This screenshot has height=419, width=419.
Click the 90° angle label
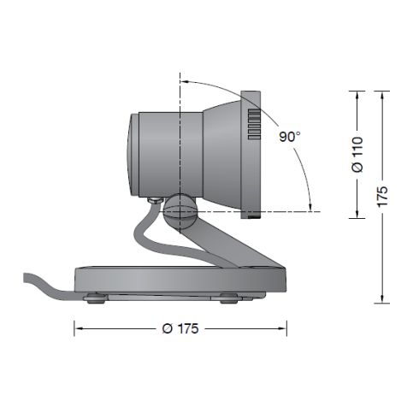click(x=290, y=136)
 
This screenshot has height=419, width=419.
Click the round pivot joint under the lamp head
click(x=180, y=209)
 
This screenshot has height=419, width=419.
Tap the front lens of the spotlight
click(x=130, y=152)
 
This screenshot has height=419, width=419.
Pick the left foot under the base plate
click(x=95, y=298)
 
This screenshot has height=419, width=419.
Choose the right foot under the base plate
click(x=228, y=298)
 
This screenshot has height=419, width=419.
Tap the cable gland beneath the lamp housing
click(x=152, y=202)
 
